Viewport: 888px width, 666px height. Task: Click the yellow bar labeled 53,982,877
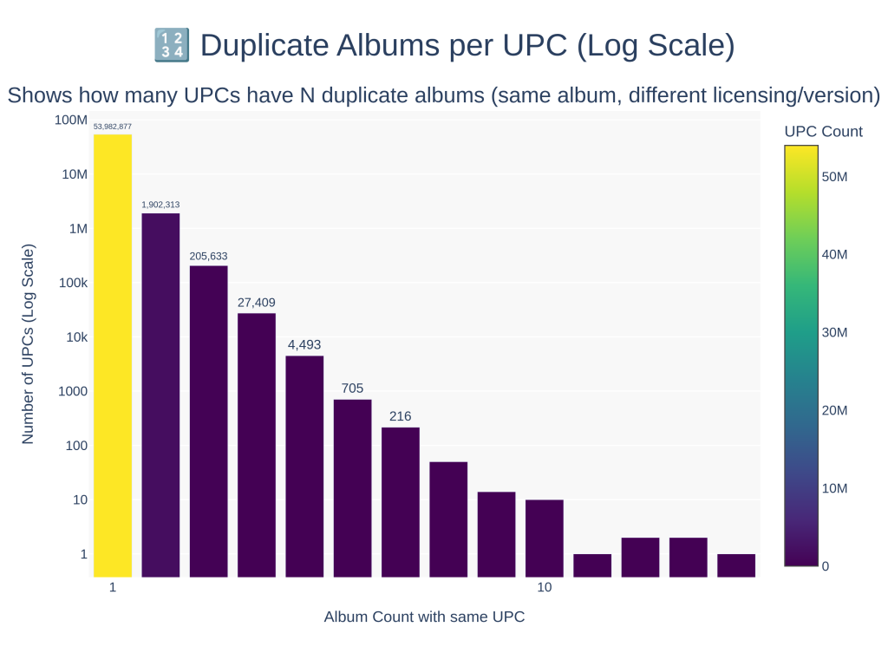pos(113,356)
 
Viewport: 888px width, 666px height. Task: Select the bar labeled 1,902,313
pos(160,395)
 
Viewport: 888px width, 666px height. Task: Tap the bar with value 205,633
pos(208,421)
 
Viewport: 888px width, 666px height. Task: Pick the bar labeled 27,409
pos(257,445)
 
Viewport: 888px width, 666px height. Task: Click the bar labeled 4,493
pos(304,466)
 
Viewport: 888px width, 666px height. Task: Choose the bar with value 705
pos(352,487)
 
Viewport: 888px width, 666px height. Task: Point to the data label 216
pos(400,416)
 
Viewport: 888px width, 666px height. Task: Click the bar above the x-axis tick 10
pos(545,538)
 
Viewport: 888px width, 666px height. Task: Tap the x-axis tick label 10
pos(545,588)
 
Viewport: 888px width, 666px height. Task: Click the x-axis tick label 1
pos(113,588)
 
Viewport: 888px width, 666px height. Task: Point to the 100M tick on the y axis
pos(71,120)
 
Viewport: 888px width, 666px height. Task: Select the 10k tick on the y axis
pos(76,336)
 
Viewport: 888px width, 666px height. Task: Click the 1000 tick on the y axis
pos(73,391)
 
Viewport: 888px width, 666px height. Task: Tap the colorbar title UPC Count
pos(823,132)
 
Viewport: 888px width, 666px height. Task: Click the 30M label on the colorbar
pos(834,332)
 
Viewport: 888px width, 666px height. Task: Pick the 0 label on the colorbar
pos(826,566)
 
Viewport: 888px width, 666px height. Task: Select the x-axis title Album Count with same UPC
pos(424,617)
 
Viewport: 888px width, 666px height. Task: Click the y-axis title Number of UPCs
pos(28,344)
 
